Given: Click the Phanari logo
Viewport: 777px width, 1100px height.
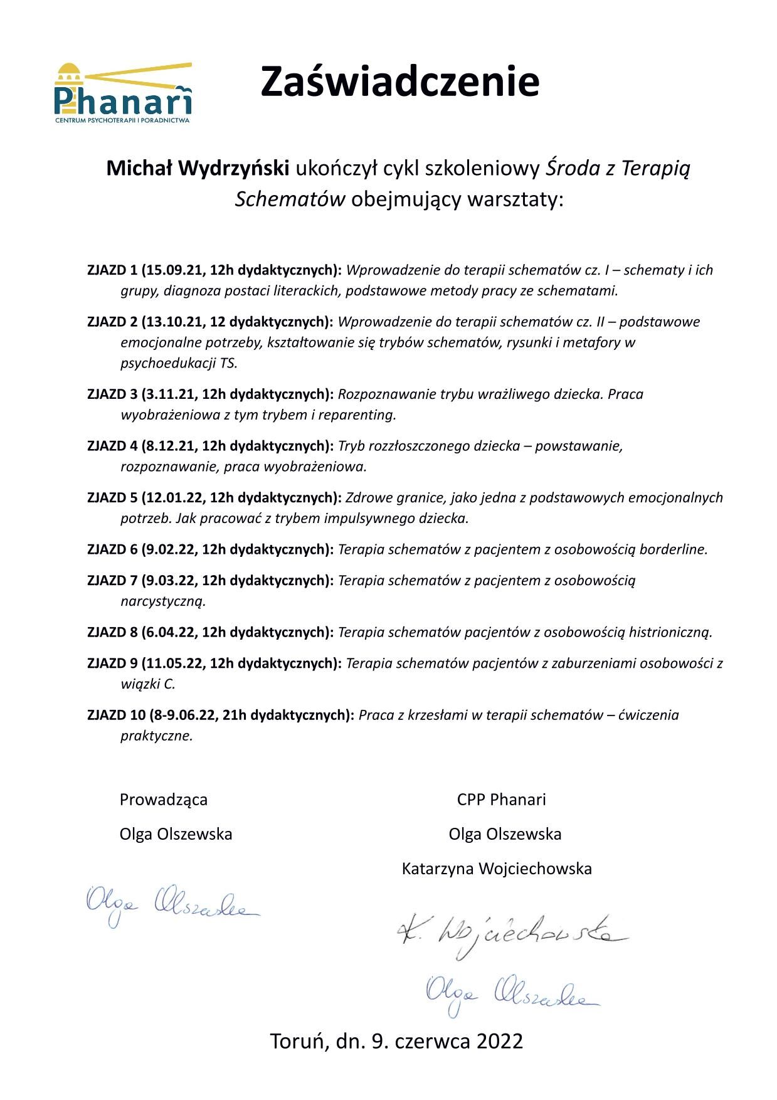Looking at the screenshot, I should coord(123,93).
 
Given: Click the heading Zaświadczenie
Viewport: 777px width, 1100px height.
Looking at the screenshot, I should coord(399,82).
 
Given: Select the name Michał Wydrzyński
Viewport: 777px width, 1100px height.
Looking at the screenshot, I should coord(198,168).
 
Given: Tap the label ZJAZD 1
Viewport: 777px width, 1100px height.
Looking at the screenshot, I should coord(112,270).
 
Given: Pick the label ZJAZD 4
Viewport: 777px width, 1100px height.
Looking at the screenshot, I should coord(112,447).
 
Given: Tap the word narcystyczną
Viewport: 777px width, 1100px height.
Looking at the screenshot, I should coord(163,601).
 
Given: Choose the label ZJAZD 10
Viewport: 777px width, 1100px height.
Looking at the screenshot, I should coord(115,716).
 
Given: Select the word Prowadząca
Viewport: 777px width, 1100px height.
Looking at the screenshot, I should coord(163,800).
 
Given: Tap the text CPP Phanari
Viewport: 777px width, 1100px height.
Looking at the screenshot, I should coord(501,800).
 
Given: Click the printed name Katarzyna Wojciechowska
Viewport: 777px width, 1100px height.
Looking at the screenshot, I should coord(497,869).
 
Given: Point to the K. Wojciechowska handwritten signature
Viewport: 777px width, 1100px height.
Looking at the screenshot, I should coord(511,936).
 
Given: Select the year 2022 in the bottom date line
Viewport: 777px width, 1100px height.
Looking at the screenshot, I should coord(499,1041).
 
